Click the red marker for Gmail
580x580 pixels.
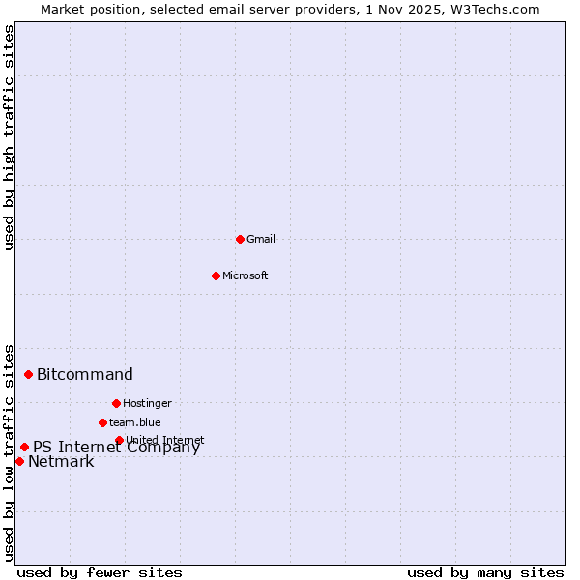pyautogui.click(x=240, y=239)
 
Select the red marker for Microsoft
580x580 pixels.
pyautogui.click(x=216, y=275)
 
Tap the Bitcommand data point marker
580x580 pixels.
pyautogui.click(x=28, y=374)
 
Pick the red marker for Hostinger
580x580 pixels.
pyautogui.click(x=116, y=403)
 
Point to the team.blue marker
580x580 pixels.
pyautogui.click(x=102, y=422)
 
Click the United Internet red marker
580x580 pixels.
pyautogui.click(x=119, y=440)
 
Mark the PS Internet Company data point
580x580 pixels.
pyautogui.click(x=24, y=447)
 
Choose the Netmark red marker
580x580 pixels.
pyautogui.click(x=19, y=461)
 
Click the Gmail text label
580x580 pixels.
pyautogui.click(x=261, y=239)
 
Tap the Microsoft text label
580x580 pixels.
pyautogui.click(x=246, y=275)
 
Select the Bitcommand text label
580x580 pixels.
pyautogui.click(x=85, y=375)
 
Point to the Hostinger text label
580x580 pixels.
pyautogui.click(x=147, y=403)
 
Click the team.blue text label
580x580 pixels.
pyautogui.click(x=135, y=422)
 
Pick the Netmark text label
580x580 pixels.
pyautogui.click(x=61, y=462)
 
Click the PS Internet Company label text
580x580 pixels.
pyautogui.click(x=116, y=448)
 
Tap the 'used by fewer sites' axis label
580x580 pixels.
pyautogui.click(x=100, y=572)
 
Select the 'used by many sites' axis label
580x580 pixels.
pyautogui.click(x=485, y=572)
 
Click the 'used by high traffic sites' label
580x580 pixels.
pyautogui.click(x=9, y=137)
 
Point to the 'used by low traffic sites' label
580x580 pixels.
pyautogui.click(x=9, y=451)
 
